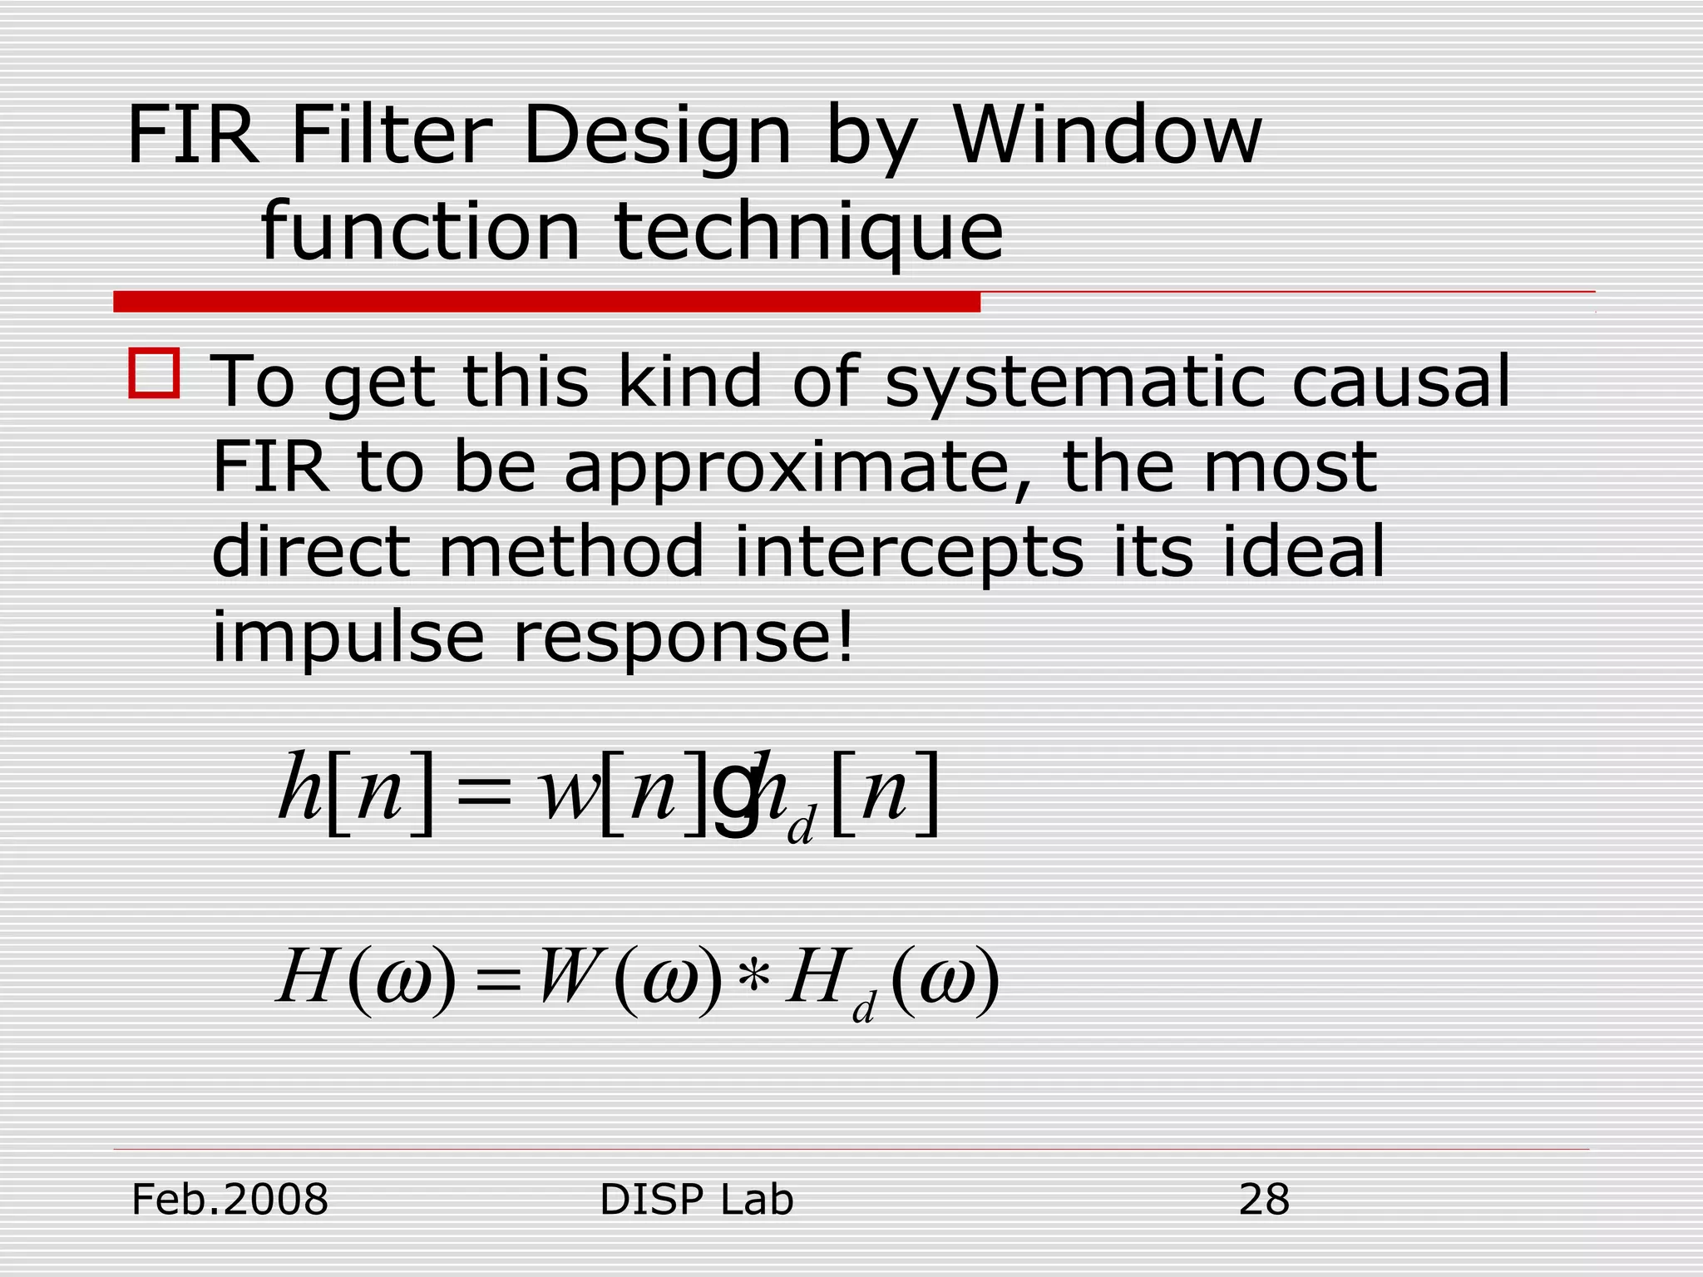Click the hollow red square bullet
click(x=154, y=373)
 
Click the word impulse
click(x=348, y=638)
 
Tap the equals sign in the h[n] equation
click(x=484, y=794)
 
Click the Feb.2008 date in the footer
click(x=230, y=1200)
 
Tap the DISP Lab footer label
click(x=696, y=1200)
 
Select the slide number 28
click(x=1263, y=1200)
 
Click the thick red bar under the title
click(x=546, y=302)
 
